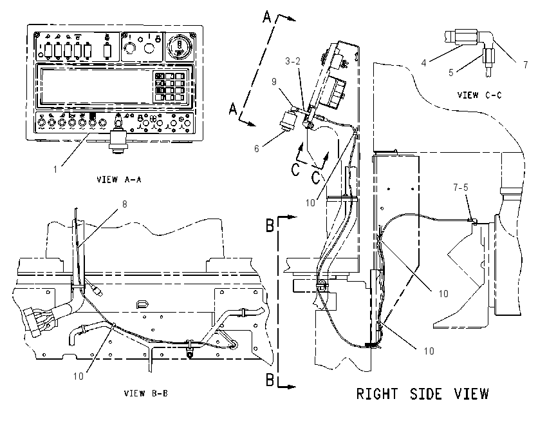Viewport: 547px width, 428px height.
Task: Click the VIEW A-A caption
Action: [118, 180]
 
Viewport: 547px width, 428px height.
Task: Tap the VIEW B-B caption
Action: [146, 393]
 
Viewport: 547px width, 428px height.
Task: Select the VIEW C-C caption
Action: [479, 95]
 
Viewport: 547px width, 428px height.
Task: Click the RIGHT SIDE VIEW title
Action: [422, 394]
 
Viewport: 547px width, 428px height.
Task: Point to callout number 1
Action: [55, 170]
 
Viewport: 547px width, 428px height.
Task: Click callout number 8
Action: [125, 204]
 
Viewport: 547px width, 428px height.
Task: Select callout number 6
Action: [257, 149]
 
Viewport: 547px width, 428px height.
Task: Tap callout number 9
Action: [274, 81]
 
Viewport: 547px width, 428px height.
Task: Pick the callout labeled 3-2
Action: [292, 61]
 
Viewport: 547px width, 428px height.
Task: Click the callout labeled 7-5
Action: [461, 188]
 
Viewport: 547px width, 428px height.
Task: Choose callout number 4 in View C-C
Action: [424, 63]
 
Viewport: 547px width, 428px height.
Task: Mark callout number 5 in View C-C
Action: [450, 73]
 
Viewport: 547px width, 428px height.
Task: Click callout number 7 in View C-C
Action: [525, 65]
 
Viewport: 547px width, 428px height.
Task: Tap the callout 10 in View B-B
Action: [78, 376]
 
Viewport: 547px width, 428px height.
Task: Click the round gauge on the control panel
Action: [180, 46]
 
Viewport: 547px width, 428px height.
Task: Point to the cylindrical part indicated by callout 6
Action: [289, 121]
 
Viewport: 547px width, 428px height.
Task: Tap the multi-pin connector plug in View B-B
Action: [36, 321]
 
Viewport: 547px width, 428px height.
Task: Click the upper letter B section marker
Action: [270, 225]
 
